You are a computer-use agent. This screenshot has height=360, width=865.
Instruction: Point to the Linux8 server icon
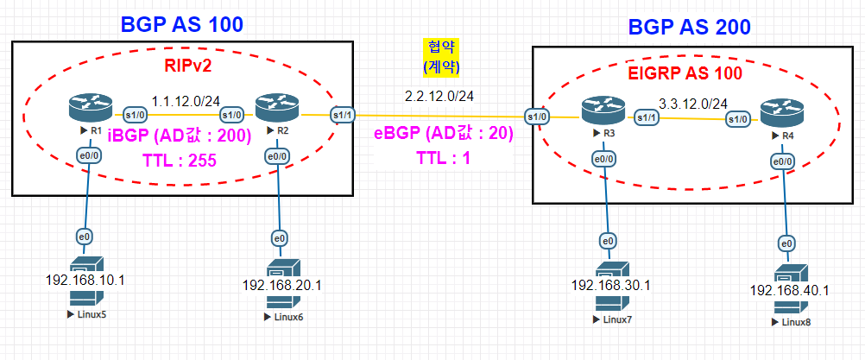(788, 290)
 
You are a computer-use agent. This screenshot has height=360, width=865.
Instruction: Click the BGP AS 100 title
(181, 25)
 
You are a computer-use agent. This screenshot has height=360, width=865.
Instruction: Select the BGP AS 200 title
(689, 27)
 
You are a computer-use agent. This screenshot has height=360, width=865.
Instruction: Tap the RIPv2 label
(187, 67)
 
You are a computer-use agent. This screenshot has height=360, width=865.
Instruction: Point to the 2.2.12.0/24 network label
(439, 97)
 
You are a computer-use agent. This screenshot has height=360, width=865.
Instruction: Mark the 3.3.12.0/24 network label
(693, 103)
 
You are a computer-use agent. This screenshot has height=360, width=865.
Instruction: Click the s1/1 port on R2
(343, 115)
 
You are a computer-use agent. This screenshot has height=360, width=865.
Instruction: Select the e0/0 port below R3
(603, 160)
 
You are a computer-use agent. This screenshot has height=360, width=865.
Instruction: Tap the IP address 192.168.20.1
(282, 285)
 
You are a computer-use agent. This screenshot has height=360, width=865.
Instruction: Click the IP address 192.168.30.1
(611, 285)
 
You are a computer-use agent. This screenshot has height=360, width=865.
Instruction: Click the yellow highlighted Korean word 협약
(441, 46)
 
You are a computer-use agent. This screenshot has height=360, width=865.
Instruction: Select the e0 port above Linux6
(280, 239)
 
